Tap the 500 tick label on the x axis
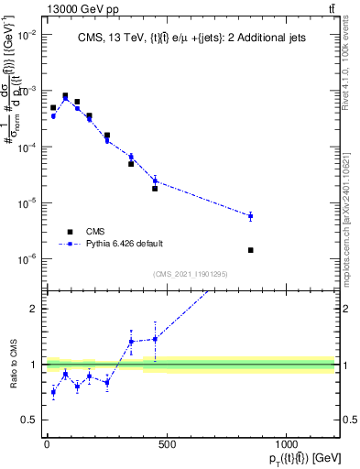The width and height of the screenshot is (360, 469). click(166, 444)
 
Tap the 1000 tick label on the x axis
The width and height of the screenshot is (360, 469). click(286, 444)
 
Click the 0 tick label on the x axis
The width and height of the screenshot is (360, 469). click(47, 444)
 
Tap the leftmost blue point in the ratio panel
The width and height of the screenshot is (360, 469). click(53, 392)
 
